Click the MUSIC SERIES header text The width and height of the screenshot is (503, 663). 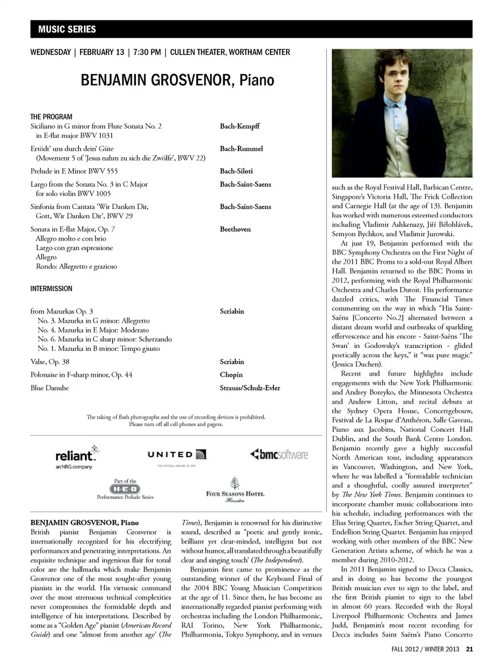(67, 29)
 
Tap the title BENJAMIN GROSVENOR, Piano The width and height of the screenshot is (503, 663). (177, 80)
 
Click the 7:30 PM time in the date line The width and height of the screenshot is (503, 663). (147, 52)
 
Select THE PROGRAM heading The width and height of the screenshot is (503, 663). (51, 117)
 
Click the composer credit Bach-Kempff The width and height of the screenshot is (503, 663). (239, 126)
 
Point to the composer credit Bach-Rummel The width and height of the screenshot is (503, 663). (241, 149)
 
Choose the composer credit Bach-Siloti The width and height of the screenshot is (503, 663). (236, 171)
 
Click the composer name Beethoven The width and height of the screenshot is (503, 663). (235, 229)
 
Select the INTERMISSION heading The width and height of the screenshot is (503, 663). (51, 289)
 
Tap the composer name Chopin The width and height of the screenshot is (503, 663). (231, 375)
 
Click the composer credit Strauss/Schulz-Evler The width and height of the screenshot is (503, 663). (250, 388)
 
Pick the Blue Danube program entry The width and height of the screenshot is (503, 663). (49, 388)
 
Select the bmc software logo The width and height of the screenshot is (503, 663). (279, 454)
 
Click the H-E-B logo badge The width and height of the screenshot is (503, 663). (126, 489)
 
